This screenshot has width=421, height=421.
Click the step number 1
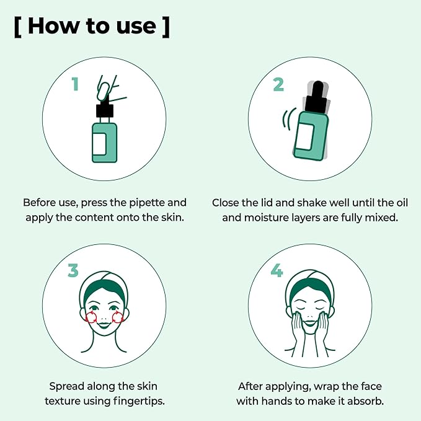(x=75, y=84)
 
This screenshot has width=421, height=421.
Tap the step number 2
(x=278, y=84)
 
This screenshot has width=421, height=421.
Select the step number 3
(x=73, y=270)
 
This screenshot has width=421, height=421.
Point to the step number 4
(x=277, y=270)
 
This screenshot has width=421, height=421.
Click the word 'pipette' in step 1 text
(x=147, y=203)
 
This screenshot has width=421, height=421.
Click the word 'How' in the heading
(x=53, y=26)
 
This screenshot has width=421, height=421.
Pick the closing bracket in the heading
(x=166, y=26)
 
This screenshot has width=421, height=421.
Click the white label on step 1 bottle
(x=99, y=144)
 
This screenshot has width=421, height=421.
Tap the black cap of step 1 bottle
(x=105, y=111)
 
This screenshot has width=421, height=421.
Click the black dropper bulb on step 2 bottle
(x=318, y=88)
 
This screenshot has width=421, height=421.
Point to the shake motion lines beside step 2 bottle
(x=288, y=119)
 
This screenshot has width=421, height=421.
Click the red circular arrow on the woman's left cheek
(x=118, y=317)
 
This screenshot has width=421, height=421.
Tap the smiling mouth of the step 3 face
(x=104, y=326)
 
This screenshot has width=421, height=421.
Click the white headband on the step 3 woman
(x=104, y=279)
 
